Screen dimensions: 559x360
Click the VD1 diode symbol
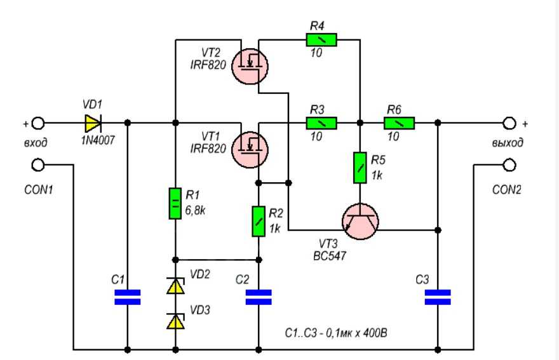click(93, 123)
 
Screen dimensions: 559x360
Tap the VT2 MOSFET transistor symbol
click(250, 66)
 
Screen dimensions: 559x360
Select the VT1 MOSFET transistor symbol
click(250, 150)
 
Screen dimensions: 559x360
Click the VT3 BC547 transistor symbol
click(360, 221)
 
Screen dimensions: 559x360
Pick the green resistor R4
click(321, 40)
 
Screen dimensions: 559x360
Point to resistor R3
click(321, 123)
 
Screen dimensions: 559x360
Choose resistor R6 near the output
click(400, 123)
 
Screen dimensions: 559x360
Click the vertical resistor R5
click(360, 168)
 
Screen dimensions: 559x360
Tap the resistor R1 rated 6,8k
click(175, 204)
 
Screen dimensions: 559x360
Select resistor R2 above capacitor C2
click(259, 222)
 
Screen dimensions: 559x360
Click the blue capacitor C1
click(127, 297)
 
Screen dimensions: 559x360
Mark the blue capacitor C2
click(259, 297)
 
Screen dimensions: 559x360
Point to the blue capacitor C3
click(438, 297)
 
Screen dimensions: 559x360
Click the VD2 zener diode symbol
click(175, 286)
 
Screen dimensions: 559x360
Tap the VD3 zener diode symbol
click(175, 321)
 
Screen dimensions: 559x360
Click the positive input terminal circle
click(38, 123)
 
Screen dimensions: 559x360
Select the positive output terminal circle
click(509, 123)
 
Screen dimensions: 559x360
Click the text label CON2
click(507, 190)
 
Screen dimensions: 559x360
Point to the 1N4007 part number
click(98, 140)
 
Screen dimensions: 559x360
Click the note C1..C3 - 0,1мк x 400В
click(336, 333)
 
